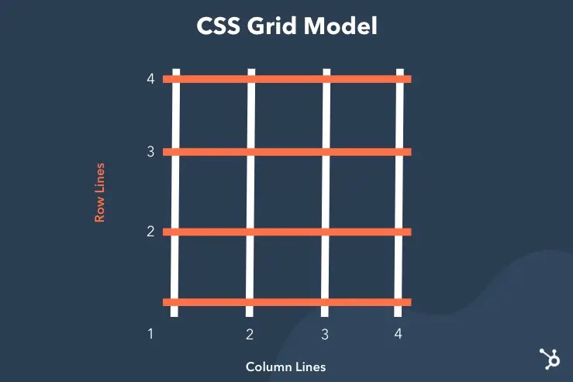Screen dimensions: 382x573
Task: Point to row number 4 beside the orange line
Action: coord(150,78)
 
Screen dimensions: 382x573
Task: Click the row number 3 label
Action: coord(150,152)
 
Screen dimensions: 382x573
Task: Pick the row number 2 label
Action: coord(150,231)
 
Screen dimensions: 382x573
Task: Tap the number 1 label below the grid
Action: coord(150,334)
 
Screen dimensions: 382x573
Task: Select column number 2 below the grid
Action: coord(250,334)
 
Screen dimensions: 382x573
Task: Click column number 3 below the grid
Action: coord(325,334)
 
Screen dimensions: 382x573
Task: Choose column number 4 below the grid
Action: coord(398,334)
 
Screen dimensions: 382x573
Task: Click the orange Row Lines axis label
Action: coord(99,192)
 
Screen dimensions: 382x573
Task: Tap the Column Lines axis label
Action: coord(285,367)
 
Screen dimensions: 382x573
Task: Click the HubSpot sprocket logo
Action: coord(550,358)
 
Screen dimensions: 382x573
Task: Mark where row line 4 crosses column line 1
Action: coord(176,78)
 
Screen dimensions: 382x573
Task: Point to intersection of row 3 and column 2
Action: coord(250,152)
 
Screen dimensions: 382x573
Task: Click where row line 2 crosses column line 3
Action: coord(326,231)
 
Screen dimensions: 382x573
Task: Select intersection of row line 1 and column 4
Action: coord(399,302)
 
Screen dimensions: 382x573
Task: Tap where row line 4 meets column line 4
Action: coord(401,78)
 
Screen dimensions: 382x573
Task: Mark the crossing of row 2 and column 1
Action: coord(175,231)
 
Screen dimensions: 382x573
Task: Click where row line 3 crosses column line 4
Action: coord(400,152)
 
